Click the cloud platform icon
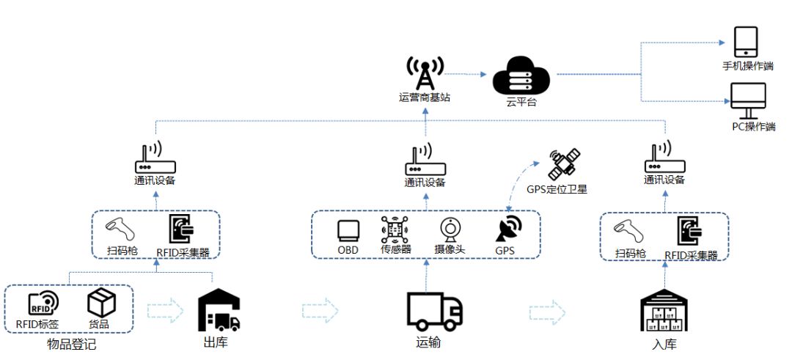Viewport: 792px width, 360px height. tap(521, 77)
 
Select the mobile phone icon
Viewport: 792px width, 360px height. tap(746, 42)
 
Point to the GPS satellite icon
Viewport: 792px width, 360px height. tap(565, 163)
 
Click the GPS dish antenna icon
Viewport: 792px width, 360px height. tap(507, 228)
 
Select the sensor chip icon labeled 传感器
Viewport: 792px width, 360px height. tap(395, 229)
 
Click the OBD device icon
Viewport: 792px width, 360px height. tap(348, 229)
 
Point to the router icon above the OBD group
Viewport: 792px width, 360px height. tap(424, 161)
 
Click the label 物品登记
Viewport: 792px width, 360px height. tap(71, 343)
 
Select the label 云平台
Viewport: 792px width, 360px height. tap(521, 102)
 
